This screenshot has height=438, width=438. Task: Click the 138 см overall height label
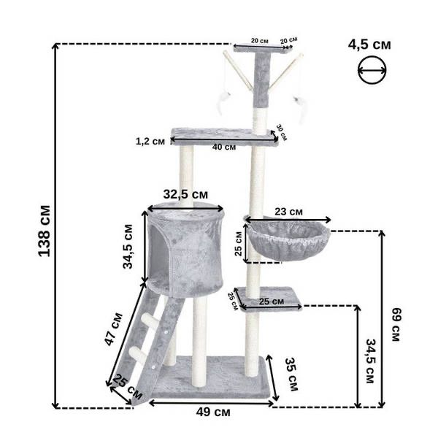(x=44, y=231)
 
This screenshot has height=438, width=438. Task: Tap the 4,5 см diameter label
(x=369, y=45)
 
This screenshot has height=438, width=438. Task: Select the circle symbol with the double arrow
(x=372, y=70)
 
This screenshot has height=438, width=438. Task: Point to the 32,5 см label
(x=185, y=194)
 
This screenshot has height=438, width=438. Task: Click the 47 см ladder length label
(x=113, y=329)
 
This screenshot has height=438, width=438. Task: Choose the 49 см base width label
(x=213, y=412)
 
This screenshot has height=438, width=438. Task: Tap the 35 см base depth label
(x=291, y=374)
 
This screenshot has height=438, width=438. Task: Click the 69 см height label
(x=396, y=325)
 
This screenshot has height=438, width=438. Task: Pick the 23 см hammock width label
(x=288, y=212)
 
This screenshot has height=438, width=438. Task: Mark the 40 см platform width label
(x=224, y=147)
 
